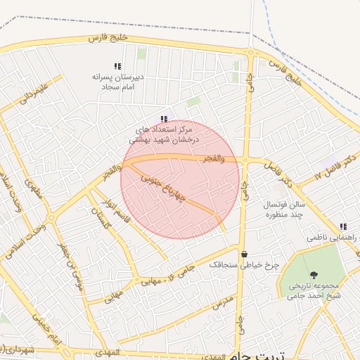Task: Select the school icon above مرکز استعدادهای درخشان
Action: click(163, 119)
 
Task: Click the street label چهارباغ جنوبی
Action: click(161, 187)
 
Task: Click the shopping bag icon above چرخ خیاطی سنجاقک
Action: click(244, 254)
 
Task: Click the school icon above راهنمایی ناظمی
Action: click(343, 226)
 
